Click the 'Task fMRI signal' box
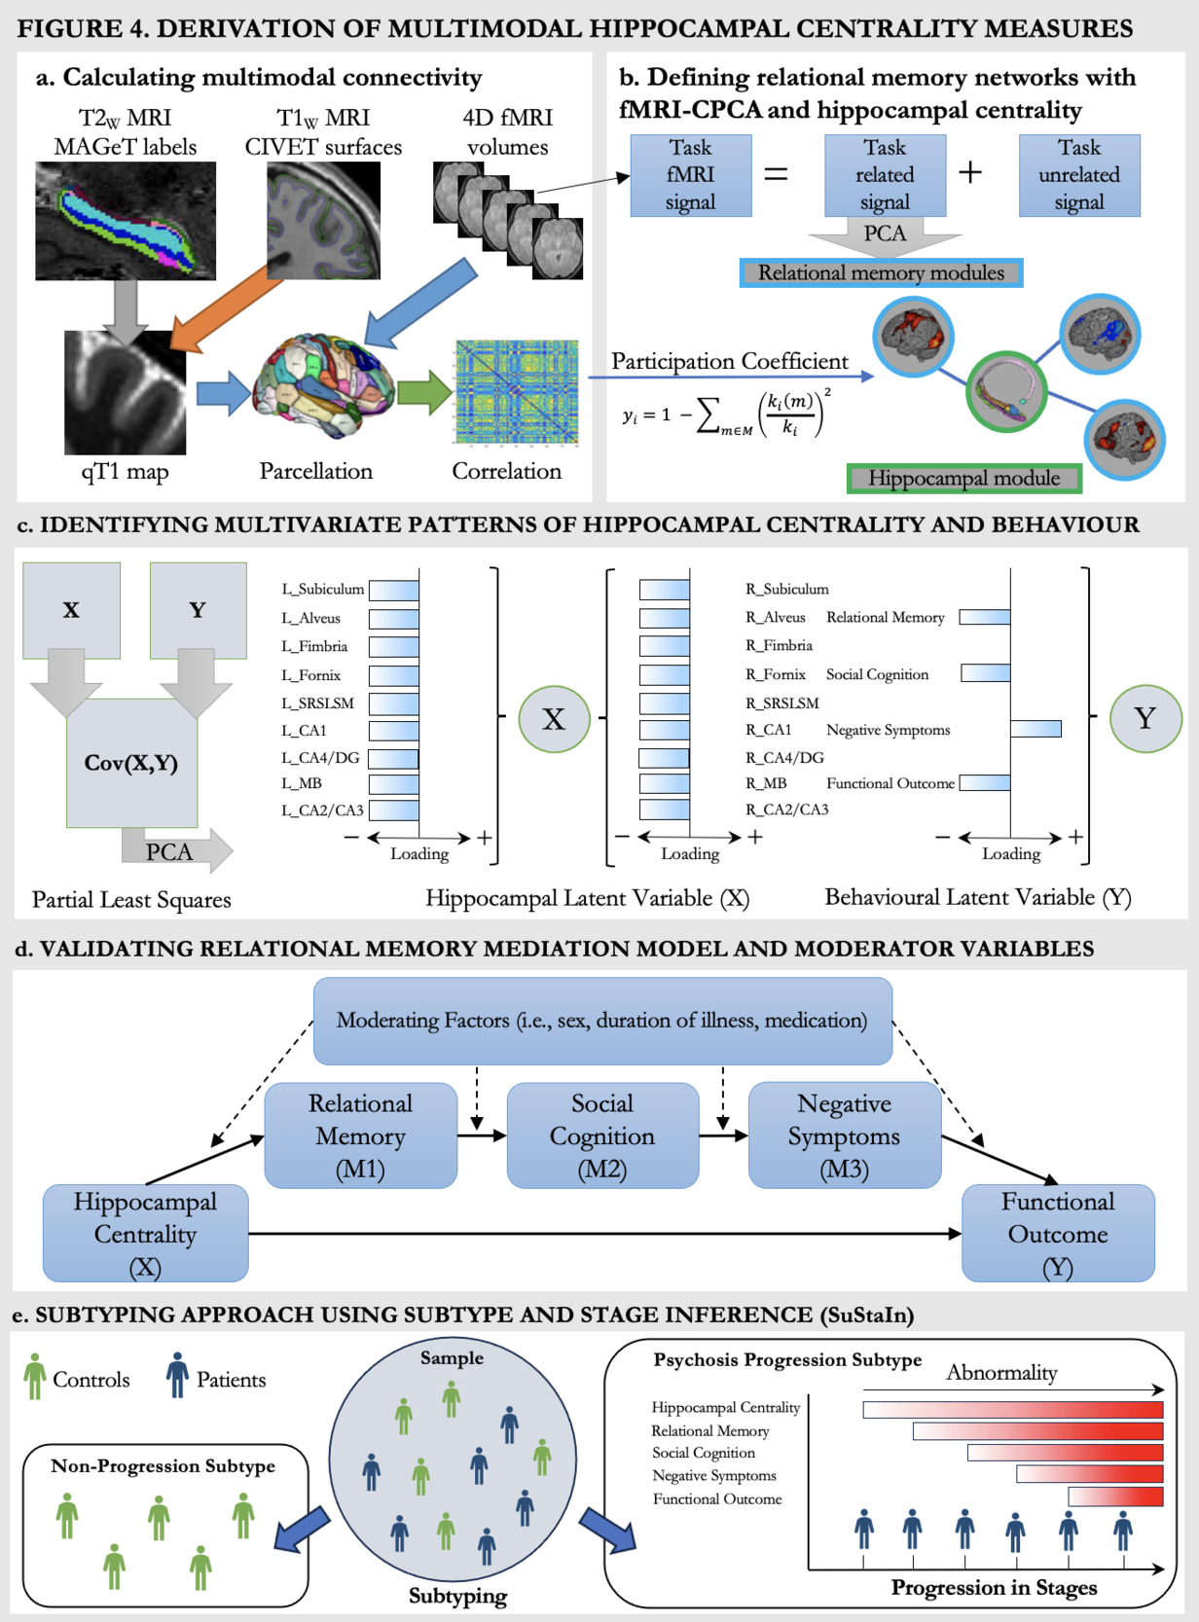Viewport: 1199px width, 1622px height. pos(690,175)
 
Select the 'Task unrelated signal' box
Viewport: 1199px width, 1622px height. pos(1078,175)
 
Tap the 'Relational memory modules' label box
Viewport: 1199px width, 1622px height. pos(881,273)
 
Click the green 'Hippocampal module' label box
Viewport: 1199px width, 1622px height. pos(963,478)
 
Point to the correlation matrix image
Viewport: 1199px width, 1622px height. pos(516,393)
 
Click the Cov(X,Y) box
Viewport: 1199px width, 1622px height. pos(131,763)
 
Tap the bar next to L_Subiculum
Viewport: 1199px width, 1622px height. pos(394,590)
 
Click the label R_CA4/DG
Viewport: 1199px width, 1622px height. pos(784,757)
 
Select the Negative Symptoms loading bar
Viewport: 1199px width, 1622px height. pos(1035,729)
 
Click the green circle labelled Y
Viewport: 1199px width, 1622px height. pos(1145,719)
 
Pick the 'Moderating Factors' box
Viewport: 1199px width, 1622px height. pos(601,1021)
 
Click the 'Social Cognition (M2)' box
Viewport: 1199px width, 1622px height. pos(602,1135)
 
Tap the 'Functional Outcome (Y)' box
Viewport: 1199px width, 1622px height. pos(1058,1233)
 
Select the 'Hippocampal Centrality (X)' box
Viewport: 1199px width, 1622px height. pos(145,1233)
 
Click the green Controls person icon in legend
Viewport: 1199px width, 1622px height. pos(35,1376)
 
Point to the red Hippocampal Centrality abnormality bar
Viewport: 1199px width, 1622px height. pos(1012,1409)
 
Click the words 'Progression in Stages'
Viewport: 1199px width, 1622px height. pos(994,1588)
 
